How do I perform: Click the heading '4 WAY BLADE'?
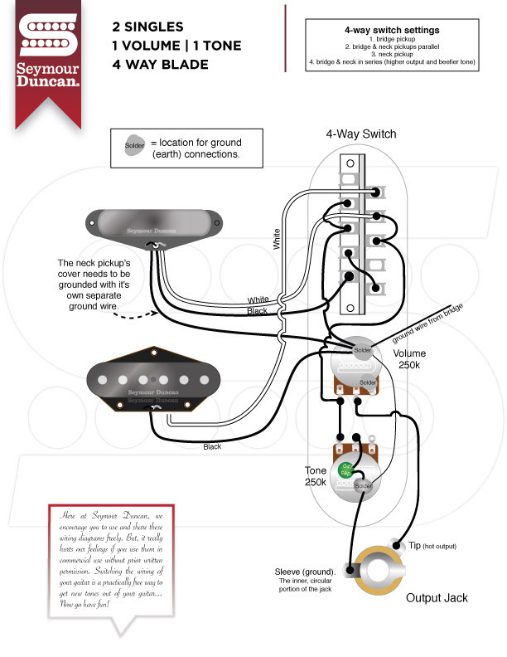[x=160, y=64]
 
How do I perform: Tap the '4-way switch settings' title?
[x=392, y=30]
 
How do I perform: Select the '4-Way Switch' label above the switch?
[x=360, y=134]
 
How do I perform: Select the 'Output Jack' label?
[x=437, y=597]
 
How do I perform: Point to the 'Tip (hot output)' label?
[x=431, y=546]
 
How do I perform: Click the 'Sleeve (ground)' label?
[x=305, y=572]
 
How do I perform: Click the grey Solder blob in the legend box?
[x=134, y=145]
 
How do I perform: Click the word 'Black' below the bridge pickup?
[x=212, y=446]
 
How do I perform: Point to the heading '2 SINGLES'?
[x=147, y=27]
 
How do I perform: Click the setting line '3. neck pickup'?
[x=392, y=54]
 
